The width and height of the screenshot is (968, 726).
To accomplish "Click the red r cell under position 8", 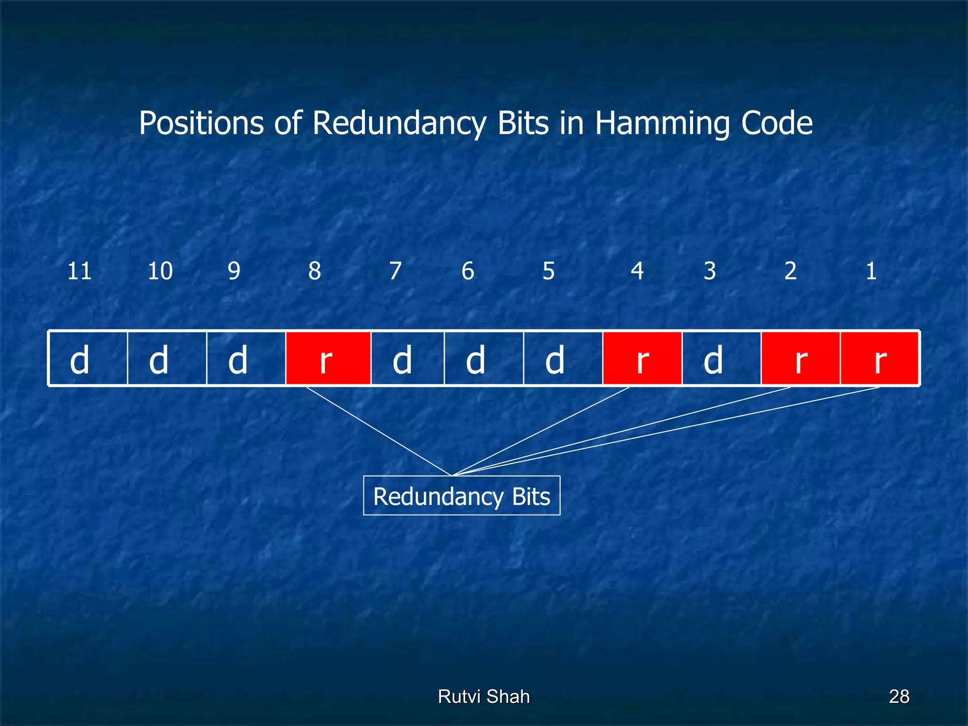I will (328, 359).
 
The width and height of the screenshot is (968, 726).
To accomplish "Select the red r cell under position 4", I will (642, 359).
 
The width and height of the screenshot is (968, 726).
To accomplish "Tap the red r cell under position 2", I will (800, 359).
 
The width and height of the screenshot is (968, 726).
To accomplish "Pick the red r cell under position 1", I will (879, 359).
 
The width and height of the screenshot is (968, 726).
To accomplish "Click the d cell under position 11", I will (88, 359).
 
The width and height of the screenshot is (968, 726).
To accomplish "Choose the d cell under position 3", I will (721, 359).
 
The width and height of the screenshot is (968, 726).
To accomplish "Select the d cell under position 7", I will (407, 359).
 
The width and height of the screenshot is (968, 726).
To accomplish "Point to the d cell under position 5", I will (562, 359).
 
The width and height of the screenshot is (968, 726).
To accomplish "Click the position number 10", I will (160, 271).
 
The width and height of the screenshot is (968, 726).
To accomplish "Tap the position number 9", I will (234, 271).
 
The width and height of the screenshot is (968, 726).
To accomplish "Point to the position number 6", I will (467, 271).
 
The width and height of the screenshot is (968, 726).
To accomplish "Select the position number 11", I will (79, 271).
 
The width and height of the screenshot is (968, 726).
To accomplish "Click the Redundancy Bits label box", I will (461, 495).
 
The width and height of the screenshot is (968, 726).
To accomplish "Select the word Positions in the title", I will (201, 124).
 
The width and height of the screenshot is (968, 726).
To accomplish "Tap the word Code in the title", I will (777, 124).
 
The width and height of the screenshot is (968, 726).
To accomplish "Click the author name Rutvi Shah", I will (484, 696).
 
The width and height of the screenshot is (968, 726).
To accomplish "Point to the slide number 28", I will (899, 696).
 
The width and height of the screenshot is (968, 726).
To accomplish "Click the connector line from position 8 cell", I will (378, 431).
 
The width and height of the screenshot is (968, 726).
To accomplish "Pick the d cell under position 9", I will (246, 359).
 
